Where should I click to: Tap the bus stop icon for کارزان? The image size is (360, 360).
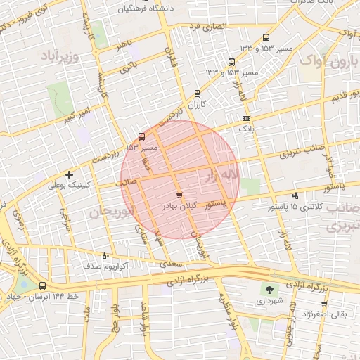pos(197,93)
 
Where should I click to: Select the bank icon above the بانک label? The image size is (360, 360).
pos(245,118)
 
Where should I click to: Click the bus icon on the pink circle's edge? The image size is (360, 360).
pos(142,136)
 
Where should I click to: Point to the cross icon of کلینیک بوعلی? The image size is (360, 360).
pos(69,174)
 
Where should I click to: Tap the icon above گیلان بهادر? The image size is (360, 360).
pos(179,195)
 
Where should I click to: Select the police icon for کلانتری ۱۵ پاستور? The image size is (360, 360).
pos(295,196)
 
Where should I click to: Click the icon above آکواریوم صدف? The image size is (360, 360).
pos(106,256)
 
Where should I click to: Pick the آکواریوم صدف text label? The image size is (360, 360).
pos(105,267)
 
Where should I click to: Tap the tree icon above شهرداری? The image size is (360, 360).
pos(269,289)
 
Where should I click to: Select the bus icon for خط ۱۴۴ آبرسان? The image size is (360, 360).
pos(44,285)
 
